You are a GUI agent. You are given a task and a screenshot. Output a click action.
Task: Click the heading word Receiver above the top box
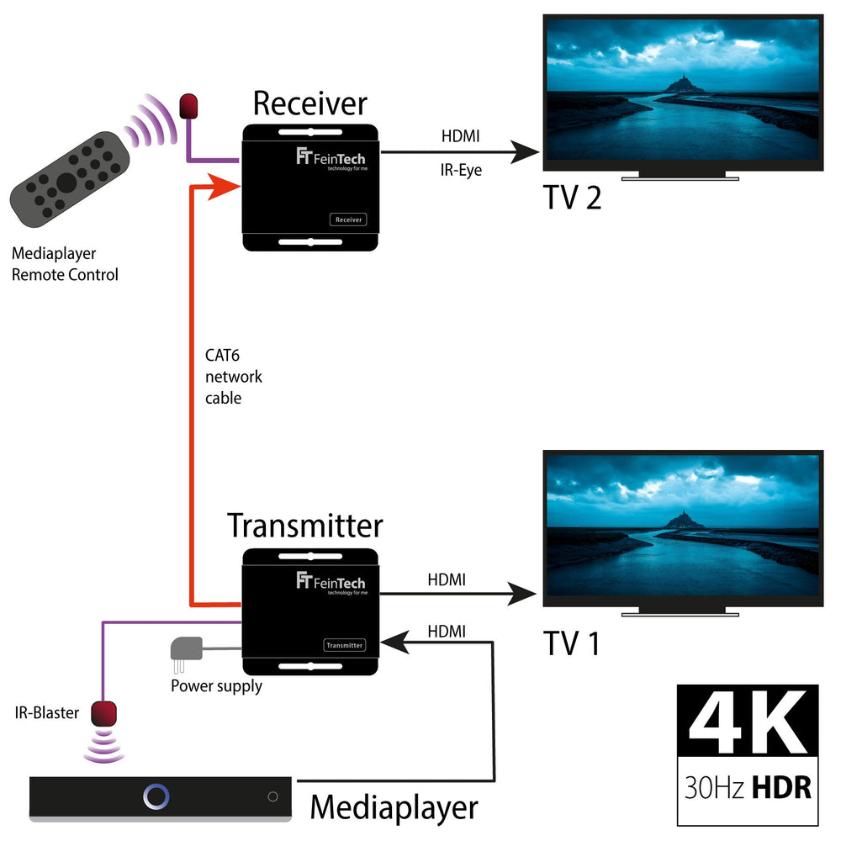pyautogui.click(x=309, y=103)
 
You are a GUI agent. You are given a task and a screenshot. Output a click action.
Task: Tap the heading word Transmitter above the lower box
pyautogui.click(x=304, y=526)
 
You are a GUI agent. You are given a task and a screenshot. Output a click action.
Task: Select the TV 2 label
pyautogui.click(x=572, y=198)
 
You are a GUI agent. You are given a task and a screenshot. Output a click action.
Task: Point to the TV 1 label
pyautogui.click(x=572, y=643)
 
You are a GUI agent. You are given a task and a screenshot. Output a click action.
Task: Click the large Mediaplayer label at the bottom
pyautogui.click(x=394, y=808)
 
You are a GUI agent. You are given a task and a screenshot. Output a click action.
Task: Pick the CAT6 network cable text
pyautogui.click(x=234, y=377)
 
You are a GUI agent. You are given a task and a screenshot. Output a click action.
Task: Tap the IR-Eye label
pyautogui.click(x=462, y=172)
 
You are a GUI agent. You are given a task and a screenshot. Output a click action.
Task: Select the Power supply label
pyautogui.click(x=216, y=686)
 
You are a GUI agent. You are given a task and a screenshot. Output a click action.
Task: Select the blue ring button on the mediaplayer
pyautogui.click(x=156, y=796)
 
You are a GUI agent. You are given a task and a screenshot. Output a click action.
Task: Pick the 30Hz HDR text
pyautogui.click(x=746, y=787)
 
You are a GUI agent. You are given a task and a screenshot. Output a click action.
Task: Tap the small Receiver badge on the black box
pyautogui.click(x=348, y=220)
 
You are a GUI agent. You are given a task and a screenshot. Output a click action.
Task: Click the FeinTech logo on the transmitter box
pyautogui.click(x=331, y=582)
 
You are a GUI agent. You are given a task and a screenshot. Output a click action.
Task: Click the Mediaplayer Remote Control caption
pyautogui.click(x=65, y=263)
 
